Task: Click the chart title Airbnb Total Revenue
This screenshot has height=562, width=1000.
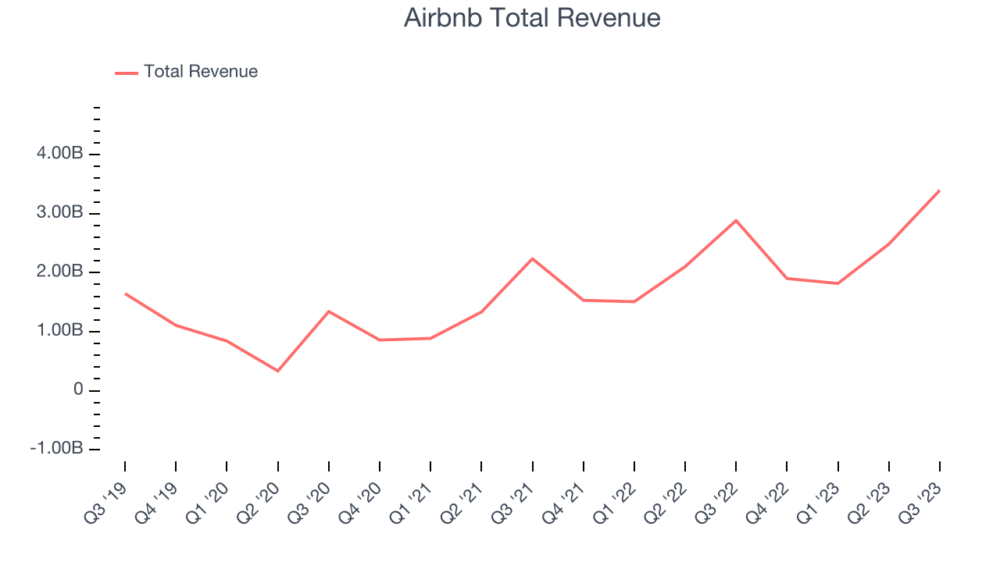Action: pos(532,18)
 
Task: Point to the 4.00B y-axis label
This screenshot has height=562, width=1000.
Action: pos(60,155)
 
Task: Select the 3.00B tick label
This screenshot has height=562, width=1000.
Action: pos(60,213)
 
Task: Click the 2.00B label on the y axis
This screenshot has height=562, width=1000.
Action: pos(60,272)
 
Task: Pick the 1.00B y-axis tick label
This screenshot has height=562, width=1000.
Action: pos(60,331)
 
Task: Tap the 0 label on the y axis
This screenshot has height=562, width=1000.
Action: pos(77,390)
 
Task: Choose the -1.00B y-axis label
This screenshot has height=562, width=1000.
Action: pos(57,449)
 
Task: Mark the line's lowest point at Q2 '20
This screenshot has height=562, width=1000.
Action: pos(277,371)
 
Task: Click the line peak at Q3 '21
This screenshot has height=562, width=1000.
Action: pos(532,258)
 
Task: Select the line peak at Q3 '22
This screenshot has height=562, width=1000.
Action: pos(736,220)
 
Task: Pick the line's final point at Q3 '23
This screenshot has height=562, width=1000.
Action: pos(939,190)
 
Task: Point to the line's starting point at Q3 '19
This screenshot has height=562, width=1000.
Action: pos(125,293)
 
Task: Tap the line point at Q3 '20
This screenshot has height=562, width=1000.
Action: pos(329,311)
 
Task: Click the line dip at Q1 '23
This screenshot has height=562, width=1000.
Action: pos(837,283)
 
